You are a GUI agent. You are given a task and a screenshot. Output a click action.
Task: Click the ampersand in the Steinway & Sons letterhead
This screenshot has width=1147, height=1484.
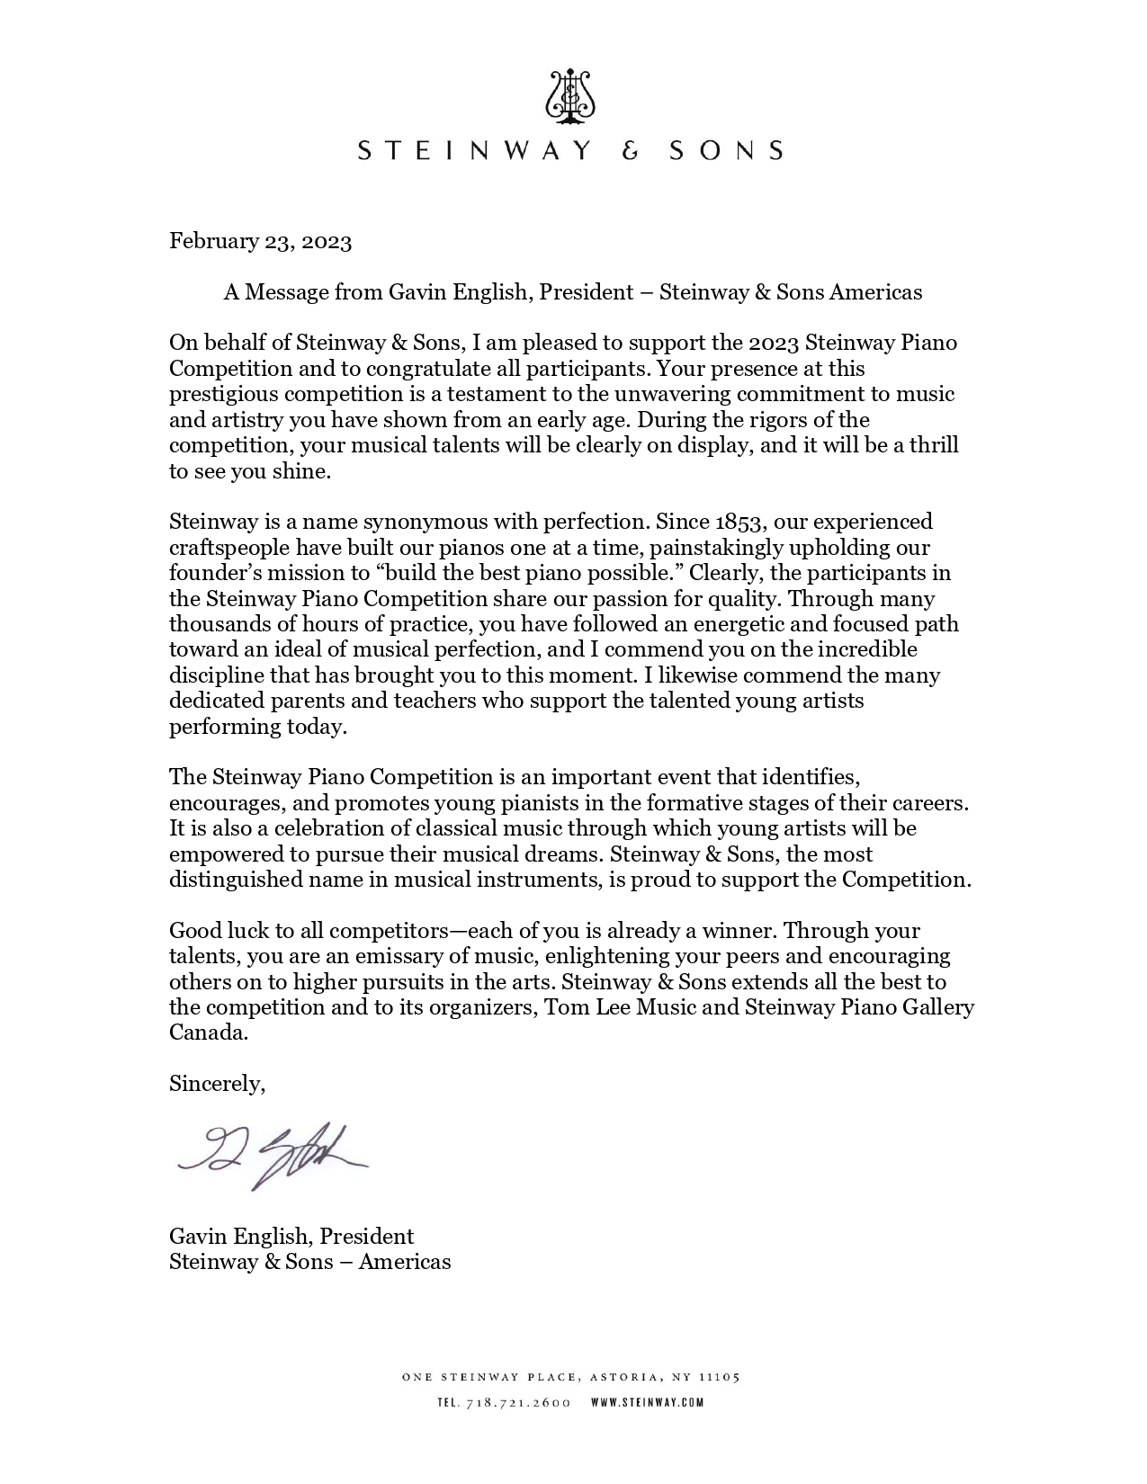[x=631, y=150]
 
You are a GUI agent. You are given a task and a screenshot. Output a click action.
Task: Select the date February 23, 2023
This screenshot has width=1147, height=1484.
[x=260, y=241]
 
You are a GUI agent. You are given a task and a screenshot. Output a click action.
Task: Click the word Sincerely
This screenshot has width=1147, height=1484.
[x=217, y=1084]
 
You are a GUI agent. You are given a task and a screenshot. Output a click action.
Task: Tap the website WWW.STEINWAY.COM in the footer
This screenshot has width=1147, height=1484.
[x=647, y=1402]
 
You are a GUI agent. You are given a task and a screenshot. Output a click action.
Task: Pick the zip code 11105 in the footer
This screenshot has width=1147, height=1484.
[x=720, y=1377]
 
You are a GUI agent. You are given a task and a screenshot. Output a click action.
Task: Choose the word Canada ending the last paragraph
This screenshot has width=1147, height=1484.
[x=207, y=1033]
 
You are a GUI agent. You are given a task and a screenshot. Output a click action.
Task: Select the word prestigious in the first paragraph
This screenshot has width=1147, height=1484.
[x=221, y=394]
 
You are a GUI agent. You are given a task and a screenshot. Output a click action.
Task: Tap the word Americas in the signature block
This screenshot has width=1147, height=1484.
[x=405, y=1262]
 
